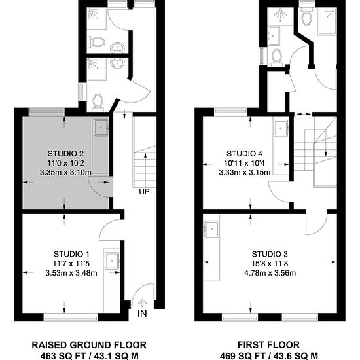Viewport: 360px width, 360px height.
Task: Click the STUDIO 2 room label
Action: coord(65,153)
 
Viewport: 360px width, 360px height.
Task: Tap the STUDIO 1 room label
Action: coord(71,254)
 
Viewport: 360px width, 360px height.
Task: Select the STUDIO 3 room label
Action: coord(270,254)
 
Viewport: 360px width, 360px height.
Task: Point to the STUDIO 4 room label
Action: coord(244,153)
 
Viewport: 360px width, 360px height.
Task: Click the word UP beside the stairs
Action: coord(144,192)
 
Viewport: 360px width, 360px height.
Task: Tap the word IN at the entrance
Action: coord(142,313)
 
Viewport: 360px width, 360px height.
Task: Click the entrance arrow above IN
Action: coord(143,303)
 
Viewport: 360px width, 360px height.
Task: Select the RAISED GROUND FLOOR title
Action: coord(89,345)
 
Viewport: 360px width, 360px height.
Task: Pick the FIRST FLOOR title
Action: coord(268,345)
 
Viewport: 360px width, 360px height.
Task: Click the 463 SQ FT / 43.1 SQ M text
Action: coord(89,356)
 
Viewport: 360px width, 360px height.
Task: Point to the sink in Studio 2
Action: coord(101,128)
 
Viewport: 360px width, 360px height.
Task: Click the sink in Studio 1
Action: coord(113,261)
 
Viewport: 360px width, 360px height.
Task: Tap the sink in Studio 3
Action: coord(212,229)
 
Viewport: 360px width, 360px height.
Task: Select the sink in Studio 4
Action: coord(281,128)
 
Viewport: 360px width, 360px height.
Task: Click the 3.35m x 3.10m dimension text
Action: coord(65,172)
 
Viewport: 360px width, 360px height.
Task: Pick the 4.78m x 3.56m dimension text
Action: coord(270,273)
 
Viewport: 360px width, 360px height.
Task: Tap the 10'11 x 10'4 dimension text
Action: coord(244,163)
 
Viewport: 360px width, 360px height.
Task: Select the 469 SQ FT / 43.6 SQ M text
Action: coord(269,356)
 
